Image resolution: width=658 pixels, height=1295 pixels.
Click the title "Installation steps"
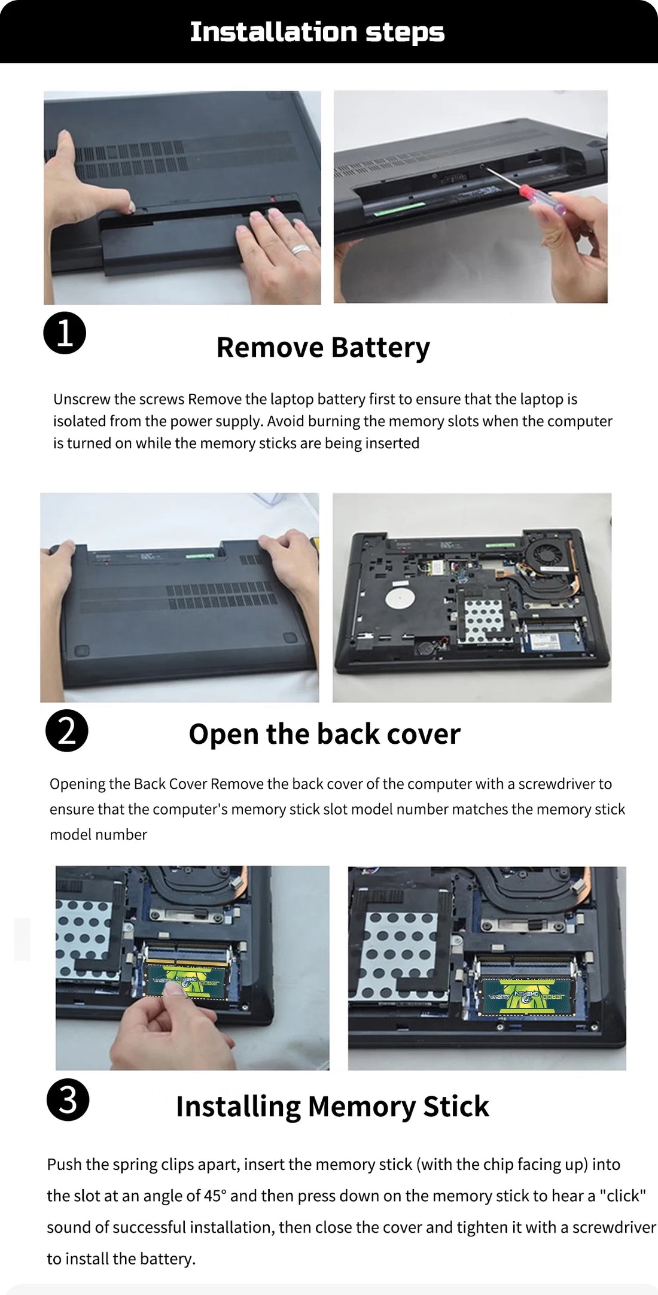(317, 32)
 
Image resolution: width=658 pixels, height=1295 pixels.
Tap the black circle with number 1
(65, 333)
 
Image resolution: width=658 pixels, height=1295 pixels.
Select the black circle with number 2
(67, 731)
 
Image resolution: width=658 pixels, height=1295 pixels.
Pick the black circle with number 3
(68, 1099)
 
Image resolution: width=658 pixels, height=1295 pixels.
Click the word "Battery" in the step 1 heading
(380, 348)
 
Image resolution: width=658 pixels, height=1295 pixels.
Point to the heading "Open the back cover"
(324, 734)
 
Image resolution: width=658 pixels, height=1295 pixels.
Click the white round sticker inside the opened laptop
(400, 600)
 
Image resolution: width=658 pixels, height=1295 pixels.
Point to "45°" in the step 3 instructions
(216, 1196)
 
